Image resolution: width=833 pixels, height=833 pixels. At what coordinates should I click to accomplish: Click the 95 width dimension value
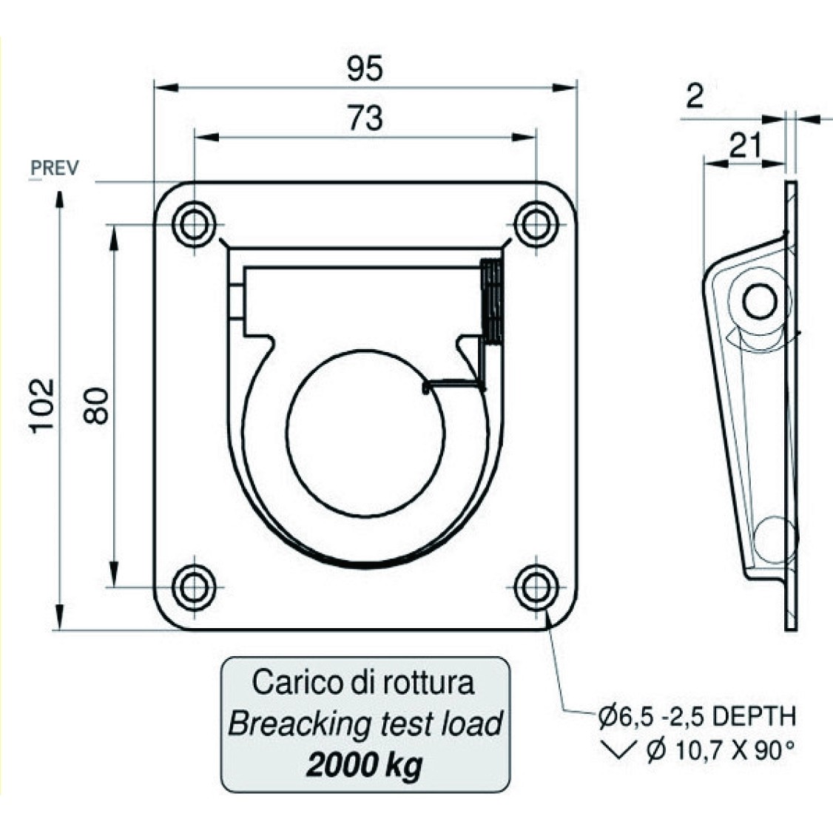tap(365, 68)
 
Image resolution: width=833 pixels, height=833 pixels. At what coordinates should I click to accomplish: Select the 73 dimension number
tap(365, 118)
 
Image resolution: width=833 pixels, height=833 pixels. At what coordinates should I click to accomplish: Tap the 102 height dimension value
tap(42, 405)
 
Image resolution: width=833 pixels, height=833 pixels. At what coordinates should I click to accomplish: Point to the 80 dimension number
tap(95, 406)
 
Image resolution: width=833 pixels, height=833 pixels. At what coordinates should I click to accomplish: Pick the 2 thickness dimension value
tap(695, 96)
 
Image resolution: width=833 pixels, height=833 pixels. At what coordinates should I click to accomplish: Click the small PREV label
tap(55, 168)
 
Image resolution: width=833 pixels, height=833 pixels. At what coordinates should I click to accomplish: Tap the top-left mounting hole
tap(195, 225)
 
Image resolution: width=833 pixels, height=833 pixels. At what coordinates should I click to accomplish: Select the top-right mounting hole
tap(536, 225)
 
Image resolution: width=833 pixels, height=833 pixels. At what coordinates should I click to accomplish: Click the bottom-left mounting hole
tap(195, 587)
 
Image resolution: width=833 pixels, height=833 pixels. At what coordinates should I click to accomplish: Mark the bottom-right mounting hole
tap(536, 587)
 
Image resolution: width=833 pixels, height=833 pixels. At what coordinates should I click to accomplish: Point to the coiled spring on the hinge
tap(491, 300)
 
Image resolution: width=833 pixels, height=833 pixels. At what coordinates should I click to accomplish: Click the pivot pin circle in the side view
tap(761, 301)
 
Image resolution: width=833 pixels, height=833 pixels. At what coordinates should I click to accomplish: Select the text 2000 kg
tap(365, 765)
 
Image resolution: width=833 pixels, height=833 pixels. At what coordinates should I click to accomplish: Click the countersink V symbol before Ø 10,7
tap(618, 751)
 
